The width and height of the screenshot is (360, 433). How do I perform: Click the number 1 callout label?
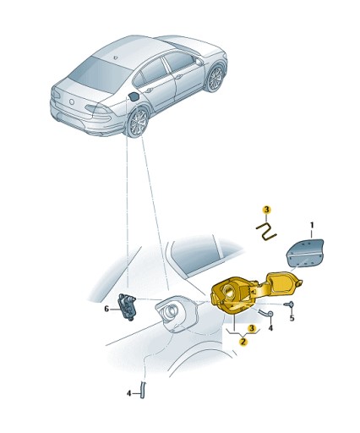click(312, 225)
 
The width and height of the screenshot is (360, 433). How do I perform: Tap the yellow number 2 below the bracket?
click(243, 342)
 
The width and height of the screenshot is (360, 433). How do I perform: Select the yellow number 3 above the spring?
click(266, 210)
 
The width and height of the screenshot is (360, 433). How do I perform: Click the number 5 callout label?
click(292, 318)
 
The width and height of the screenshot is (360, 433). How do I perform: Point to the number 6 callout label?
click(106, 309)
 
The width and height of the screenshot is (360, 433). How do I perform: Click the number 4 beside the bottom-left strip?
click(128, 393)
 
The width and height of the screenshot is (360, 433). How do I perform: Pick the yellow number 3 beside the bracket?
click(252, 328)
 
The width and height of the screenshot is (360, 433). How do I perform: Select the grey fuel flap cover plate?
click(305, 253)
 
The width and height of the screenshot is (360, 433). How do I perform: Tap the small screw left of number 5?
click(289, 304)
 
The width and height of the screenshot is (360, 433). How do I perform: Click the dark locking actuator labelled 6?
click(128, 306)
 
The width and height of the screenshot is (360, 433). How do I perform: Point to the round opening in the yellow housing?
click(227, 292)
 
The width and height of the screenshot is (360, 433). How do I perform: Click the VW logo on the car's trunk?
click(72, 101)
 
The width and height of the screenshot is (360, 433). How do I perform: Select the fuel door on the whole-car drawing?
click(134, 96)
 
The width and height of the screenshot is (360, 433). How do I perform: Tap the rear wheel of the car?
click(139, 122)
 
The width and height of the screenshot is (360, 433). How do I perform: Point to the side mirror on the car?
click(199, 62)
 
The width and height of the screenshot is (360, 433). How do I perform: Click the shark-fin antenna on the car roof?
click(116, 58)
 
